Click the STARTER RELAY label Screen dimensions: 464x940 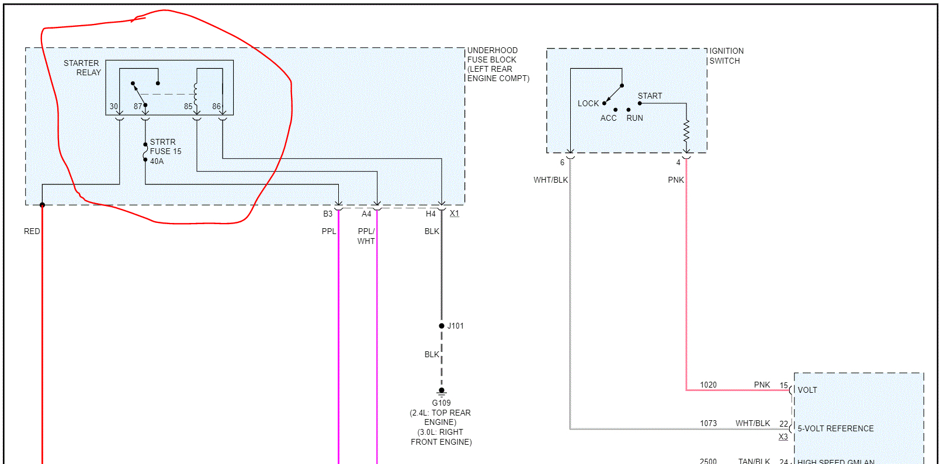(82, 68)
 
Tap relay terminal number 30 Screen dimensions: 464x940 (114, 106)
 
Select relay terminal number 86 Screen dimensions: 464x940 (216, 106)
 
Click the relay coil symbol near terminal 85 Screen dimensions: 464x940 (196, 92)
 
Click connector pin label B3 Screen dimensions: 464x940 (328, 214)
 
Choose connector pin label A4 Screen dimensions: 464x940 (366, 214)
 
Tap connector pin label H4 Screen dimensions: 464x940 (431, 214)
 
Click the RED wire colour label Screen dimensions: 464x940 (32, 231)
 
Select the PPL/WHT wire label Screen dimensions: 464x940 (366, 236)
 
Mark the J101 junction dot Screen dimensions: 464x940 (442, 326)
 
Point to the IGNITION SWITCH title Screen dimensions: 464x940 (726, 56)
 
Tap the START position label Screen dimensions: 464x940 (650, 96)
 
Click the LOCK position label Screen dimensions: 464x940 (588, 103)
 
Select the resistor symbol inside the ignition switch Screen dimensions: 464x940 (686, 131)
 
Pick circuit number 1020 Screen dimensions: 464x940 (708, 385)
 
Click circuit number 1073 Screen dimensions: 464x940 (708, 423)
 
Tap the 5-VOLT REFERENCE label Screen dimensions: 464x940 (835, 428)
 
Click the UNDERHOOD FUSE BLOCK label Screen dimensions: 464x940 (498, 64)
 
